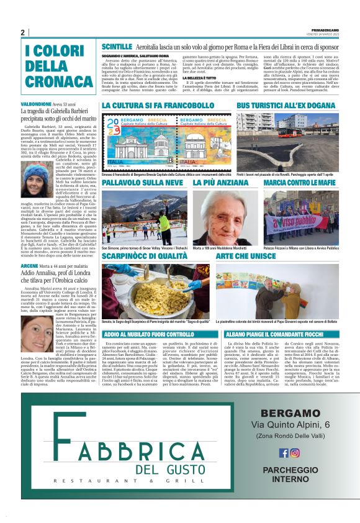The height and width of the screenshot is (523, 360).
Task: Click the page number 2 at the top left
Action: click(x=23, y=32)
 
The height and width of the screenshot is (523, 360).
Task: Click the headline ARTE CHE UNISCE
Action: click(x=251, y=256)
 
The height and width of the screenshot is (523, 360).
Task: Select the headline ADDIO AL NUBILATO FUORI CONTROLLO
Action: click(x=155, y=334)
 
